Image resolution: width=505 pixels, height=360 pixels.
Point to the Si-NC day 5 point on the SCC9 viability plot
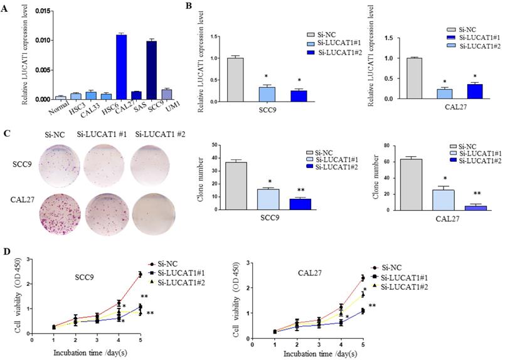(x=140, y=274)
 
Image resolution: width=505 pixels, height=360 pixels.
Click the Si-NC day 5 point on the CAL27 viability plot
(x=363, y=277)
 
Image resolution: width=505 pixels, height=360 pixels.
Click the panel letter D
(x=6, y=253)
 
